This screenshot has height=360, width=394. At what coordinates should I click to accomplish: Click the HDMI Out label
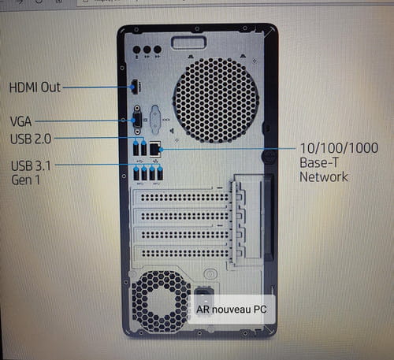pos(35,87)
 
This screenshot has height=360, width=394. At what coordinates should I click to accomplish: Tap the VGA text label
pos(20,121)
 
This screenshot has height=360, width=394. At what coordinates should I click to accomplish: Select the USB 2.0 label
pos(31,139)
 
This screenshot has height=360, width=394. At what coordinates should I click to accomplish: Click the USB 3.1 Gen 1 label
pos(31,173)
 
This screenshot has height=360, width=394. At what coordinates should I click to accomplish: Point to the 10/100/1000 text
pos(339,148)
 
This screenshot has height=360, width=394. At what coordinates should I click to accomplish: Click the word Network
pos(324,176)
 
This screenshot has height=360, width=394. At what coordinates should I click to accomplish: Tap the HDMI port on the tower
pos(135,87)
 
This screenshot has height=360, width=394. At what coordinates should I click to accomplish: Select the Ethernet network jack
pos(155,149)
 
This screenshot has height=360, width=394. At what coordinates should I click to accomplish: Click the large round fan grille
pos(216,101)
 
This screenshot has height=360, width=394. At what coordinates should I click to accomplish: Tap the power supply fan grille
pos(161,302)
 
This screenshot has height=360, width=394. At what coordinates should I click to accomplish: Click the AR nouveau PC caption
pos(232,310)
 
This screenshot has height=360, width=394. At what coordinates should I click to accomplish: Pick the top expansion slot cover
pos(183,197)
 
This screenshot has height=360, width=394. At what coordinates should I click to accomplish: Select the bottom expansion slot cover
pos(183,253)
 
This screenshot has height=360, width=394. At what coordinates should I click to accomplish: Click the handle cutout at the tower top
pos(188,43)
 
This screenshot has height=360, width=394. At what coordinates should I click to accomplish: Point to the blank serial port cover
pos(155,118)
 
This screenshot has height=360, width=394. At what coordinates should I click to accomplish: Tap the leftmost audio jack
pos(137,50)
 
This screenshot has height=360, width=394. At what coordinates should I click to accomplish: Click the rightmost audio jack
pos(158,50)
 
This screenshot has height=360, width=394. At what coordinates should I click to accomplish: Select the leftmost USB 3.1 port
pos(136,173)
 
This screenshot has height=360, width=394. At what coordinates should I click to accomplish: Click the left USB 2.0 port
pos(136,149)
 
